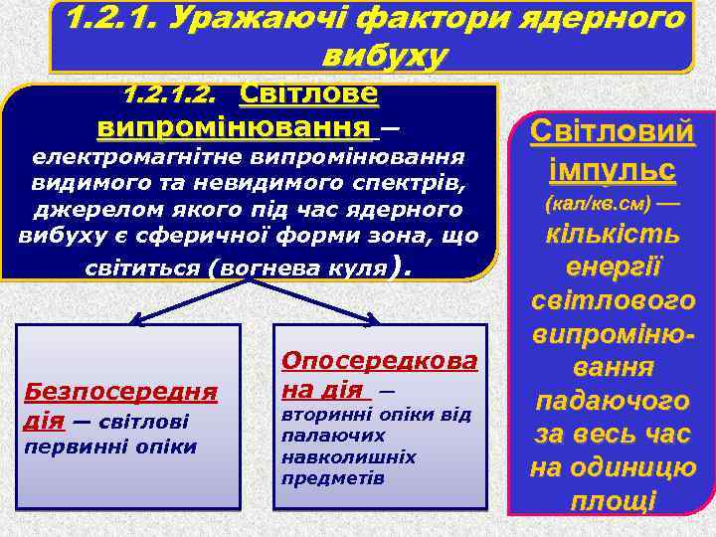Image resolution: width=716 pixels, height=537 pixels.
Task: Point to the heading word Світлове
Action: (x=309, y=95)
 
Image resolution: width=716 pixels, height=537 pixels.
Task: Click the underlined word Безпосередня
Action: (x=120, y=391)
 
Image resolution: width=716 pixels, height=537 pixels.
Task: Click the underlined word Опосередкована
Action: (x=380, y=363)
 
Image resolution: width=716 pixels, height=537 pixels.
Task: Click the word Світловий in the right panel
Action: (x=612, y=131)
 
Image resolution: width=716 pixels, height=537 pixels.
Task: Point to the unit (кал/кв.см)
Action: (x=597, y=203)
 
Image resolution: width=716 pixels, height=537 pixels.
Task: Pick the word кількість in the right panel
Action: (x=611, y=235)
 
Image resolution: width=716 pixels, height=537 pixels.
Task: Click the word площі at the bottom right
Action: (x=613, y=501)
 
